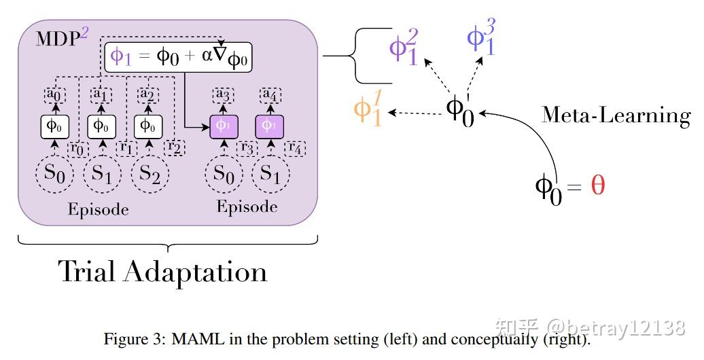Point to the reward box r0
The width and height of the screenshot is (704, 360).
click(x=79, y=147)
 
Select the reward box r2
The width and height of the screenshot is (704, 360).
click(x=174, y=147)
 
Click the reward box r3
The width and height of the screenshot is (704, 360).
click(x=245, y=147)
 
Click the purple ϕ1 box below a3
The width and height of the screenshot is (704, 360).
click(x=223, y=126)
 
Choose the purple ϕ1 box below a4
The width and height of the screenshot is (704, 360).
click(x=269, y=126)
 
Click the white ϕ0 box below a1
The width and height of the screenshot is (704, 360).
click(x=101, y=126)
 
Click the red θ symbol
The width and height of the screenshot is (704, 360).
click(x=597, y=185)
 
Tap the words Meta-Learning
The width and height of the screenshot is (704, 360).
click(x=615, y=115)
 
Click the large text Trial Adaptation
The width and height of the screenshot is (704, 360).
click(x=163, y=272)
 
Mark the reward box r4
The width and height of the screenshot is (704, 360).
click(x=294, y=147)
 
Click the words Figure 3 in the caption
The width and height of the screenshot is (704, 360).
click(x=128, y=339)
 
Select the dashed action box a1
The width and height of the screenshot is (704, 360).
click(x=101, y=95)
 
